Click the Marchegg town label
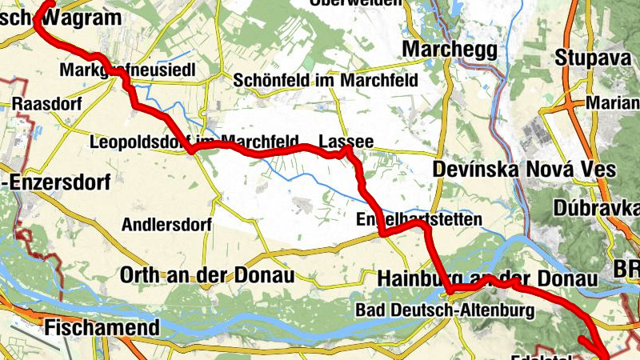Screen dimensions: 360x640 450,50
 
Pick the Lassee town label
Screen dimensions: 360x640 346,141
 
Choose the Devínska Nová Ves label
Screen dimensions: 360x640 524,170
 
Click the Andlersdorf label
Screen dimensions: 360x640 166,225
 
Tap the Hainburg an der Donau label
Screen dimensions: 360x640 487,278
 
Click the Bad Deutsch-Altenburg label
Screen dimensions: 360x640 445,310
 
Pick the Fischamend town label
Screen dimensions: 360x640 102,326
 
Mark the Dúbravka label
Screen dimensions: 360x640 595,208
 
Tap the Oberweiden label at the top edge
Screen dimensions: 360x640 358,3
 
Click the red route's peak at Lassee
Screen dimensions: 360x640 346,148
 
